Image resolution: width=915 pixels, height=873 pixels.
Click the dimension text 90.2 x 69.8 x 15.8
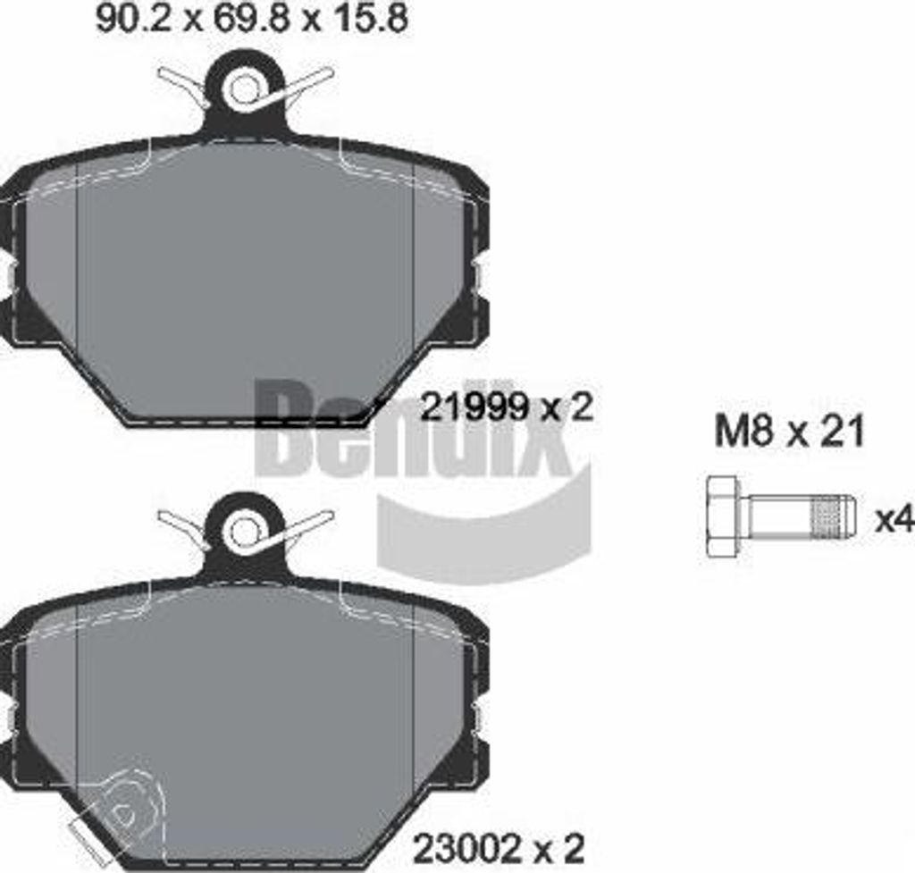(x=251, y=21)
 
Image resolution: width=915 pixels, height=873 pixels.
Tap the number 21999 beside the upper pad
(x=471, y=408)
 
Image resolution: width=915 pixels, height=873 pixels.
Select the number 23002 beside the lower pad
(x=464, y=844)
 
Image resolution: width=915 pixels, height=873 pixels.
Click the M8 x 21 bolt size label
(x=789, y=432)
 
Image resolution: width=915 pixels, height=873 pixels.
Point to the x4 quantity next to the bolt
(x=894, y=519)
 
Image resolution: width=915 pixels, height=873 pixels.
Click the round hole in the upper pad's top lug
(x=244, y=89)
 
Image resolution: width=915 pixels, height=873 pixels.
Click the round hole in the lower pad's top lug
(x=244, y=533)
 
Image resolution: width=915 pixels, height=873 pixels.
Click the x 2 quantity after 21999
(x=569, y=408)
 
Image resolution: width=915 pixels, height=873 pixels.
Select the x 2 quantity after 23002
(x=560, y=844)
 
